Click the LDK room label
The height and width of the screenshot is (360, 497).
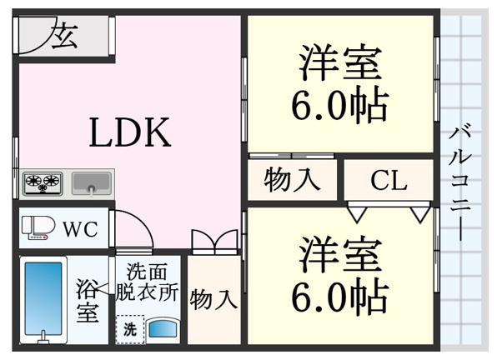(x=130, y=132)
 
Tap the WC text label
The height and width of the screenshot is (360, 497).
(x=81, y=229)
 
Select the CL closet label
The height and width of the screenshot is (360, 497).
(x=389, y=181)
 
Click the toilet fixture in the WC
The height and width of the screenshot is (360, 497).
(x=38, y=227)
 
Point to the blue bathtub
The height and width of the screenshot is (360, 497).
(x=43, y=298)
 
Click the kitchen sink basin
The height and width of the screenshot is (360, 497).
(x=92, y=182)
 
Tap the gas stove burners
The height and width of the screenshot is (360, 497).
(x=43, y=183)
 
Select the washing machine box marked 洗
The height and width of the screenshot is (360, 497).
(x=130, y=329)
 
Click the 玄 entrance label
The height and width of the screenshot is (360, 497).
(x=65, y=36)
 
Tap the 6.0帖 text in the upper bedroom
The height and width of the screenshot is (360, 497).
(x=339, y=105)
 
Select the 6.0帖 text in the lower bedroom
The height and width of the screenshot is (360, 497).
(x=339, y=295)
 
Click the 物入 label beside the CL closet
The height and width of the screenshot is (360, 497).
(x=292, y=181)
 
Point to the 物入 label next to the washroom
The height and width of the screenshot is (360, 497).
(x=213, y=299)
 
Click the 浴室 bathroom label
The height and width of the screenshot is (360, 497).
(x=87, y=300)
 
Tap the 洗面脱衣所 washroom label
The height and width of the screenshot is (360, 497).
(x=147, y=282)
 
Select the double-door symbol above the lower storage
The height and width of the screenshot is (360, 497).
(x=214, y=242)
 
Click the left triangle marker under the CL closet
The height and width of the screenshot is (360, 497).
(x=357, y=214)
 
